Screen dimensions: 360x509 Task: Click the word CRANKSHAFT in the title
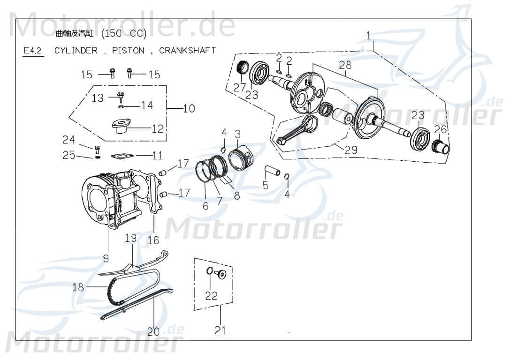click(188, 50)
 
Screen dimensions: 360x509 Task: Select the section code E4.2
click(33, 51)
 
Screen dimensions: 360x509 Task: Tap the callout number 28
click(345, 65)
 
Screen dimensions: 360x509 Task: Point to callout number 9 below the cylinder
click(106, 258)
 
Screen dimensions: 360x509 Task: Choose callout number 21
click(220, 330)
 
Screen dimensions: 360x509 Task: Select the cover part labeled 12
click(121, 127)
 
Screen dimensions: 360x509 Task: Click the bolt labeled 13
click(121, 98)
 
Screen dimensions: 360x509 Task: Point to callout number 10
click(189, 109)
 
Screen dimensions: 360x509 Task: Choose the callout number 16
click(153, 240)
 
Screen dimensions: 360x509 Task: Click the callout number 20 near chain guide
click(153, 331)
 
